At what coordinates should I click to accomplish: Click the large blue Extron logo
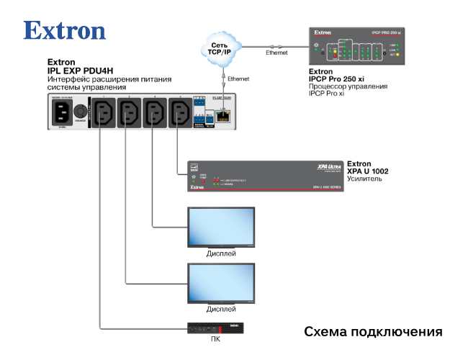point(65,30)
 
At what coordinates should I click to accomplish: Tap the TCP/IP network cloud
point(221,48)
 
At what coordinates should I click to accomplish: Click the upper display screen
point(221,228)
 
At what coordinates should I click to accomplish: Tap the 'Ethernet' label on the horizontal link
point(276,53)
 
